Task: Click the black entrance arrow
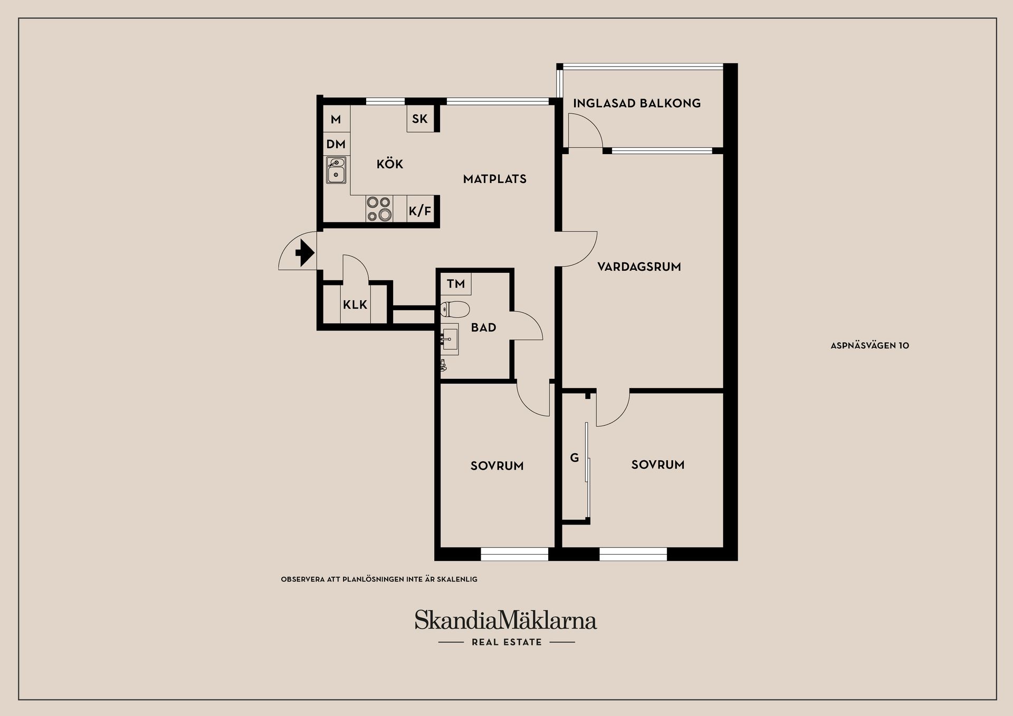click(305, 253)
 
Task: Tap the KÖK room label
click(390, 164)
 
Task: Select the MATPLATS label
click(495, 179)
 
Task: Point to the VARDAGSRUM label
click(639, 266)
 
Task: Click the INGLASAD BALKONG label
click(637, 103)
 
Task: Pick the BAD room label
click(483, 327)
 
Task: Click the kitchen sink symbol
click(336, 170)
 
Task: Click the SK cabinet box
click(420, 119)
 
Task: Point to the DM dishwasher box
click(336, 144)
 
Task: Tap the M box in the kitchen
click(336, 119)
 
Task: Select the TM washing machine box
click(456, 284)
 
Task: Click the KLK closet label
click(355, 304)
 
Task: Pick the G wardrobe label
click(575, 458)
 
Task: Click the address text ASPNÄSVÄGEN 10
click(870, 346)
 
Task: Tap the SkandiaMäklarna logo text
click(505, 620)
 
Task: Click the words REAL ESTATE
click(506, 642)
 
